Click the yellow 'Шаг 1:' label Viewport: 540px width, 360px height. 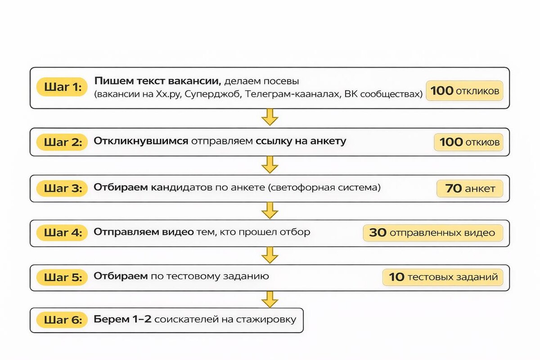click(62, 88)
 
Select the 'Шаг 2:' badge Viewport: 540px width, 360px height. click(62, 142)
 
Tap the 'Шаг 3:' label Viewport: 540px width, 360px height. click(62, 189)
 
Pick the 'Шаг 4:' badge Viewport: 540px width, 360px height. click(62, 233)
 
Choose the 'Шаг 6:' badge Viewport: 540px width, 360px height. click(62, 320)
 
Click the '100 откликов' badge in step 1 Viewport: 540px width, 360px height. click(464, 91)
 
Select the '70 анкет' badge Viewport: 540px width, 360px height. click(470, 189)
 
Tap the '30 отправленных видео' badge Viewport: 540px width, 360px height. click(432, 233)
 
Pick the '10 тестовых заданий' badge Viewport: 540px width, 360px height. click(443, 277)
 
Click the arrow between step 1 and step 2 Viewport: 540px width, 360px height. click(270, 117)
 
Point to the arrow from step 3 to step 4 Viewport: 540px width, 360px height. click(270, 210)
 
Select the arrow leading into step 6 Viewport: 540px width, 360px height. click(270, 299)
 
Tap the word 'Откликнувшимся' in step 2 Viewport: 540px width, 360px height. click(141, 141)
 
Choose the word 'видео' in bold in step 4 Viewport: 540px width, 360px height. click(180, 233)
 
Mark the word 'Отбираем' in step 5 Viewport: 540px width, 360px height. click(121, 276)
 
